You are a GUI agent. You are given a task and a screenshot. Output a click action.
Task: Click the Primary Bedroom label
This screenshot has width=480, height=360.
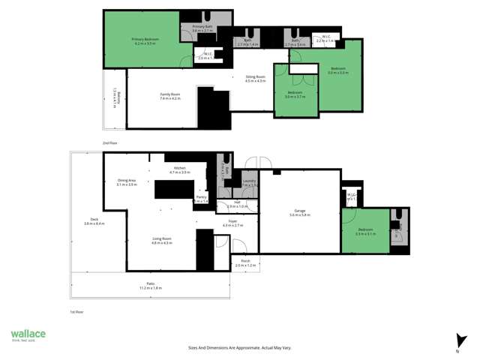(x=143, y=40)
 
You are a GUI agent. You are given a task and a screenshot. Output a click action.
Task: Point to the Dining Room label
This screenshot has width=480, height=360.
(x=256, y=78)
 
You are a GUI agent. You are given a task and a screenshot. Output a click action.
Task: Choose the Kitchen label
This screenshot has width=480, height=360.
(x=180, y=169)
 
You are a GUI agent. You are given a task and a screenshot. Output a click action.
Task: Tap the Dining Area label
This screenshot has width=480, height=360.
(x=127, y=181)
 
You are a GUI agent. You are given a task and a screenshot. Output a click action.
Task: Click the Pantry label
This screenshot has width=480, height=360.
(x=202, y=199)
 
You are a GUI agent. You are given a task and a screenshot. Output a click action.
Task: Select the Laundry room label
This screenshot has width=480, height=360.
(x=250, y=182)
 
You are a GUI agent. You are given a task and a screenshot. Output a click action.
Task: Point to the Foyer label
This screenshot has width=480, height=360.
(x=233, y=223)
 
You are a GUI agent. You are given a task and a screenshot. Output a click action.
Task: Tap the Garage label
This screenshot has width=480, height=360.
(x=300, y=213)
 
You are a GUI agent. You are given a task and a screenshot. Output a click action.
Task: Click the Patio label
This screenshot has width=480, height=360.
(x=151, y=285)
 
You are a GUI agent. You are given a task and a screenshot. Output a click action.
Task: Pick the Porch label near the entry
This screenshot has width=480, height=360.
(x=245, y=263)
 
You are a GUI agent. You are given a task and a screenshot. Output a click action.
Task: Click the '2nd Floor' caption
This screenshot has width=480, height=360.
(x=111, y=142)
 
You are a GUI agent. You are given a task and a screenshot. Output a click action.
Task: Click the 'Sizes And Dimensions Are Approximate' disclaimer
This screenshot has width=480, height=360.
(x=239, y=347)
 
